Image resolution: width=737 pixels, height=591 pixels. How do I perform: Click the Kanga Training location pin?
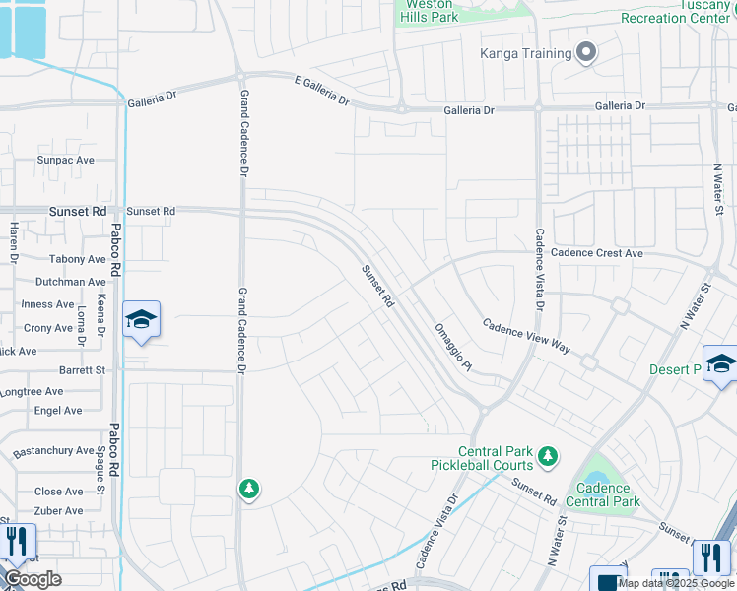pyautogui.click(x=587, y=53)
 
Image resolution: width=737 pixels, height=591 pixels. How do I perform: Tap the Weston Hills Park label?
pyautogui.click(x=430, y=11)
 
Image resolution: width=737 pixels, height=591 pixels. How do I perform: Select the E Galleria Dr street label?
pyautogui.click(x=321, y=93)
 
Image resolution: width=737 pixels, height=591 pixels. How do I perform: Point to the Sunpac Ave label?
pyautogui.click(x=65, y=160)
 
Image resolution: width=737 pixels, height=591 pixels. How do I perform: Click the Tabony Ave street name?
pyautogui.click(x=77, y=259)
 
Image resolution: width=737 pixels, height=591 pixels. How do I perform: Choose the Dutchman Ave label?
pyautogui.click(x=70, y=282)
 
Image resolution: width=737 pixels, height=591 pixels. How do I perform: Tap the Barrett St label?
pyautogui.click(x=82, y=370)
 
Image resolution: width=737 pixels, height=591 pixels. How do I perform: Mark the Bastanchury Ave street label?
pyautogui.click(x=53, y=451)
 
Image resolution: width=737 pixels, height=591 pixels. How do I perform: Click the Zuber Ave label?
pyautogui.click(x=59, y=510)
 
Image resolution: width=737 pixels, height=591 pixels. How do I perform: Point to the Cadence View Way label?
pyautogui.click(x=526, y=336)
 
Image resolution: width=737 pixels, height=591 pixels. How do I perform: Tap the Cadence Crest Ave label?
pyautogui.click(x=596, y=253)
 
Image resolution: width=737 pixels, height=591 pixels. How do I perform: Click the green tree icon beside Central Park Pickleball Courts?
pyautogui.click(x=548, y=456)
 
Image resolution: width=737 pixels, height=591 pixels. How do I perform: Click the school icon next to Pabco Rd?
pyautogui.click(x=142, y=320)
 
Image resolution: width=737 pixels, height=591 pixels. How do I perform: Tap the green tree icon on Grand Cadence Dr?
pyautogui.click(x=249, y=488)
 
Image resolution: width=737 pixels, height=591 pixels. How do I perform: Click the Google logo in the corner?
pyautogui.click(x=32, y=579)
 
